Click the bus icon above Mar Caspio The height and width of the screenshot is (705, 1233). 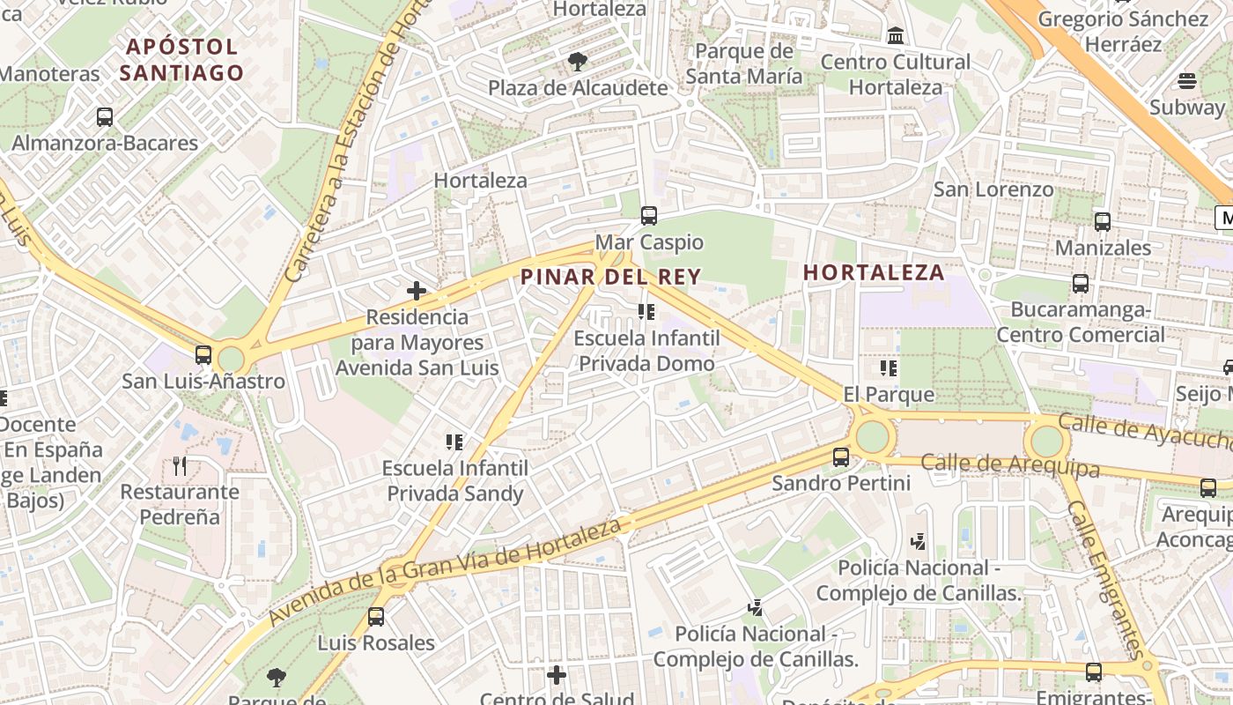pyautogui.click(x=649, y=215)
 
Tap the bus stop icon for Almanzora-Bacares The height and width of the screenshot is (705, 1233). pyautogui.click(x=105, y=116)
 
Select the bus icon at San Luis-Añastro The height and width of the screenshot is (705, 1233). pyautogui.click(x=203, y=355)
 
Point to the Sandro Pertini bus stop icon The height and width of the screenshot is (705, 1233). pyautogui.click(x=841, y=456)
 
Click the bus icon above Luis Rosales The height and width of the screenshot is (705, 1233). pyautogui.click(x=376, y=617)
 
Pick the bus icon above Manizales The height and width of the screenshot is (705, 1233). pyautogui.click(x=1102, y=222)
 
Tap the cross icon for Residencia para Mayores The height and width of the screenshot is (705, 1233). pyautogui.click(x=417, y=290)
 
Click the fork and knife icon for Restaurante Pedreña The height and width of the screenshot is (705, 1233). pyautogui.click(x=180, y=465)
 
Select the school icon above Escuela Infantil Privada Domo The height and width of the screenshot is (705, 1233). pyautogui.click(x=647, y=312)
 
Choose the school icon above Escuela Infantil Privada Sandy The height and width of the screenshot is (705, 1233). pyautogui.click(x=454, y=442)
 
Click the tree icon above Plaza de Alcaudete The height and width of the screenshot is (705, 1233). pyautogui.click(x=578, y=62)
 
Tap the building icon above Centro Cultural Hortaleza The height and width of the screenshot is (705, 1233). pyautogui.click(x=896, y=36)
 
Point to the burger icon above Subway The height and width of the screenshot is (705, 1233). pyautogui.click(x=1187, y=81)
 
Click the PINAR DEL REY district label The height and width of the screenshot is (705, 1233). pyautogui.click(x=610, y=277)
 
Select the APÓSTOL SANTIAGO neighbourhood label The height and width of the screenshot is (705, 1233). pyautogui.click(x=181, y=59)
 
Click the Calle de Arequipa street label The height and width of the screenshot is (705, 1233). pyautogui.click(x=1010, y=465)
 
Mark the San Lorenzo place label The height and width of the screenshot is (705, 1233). pyautogui.click(x=993, y=189)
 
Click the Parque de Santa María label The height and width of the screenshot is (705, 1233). pyautogui.click(x=744, y=63)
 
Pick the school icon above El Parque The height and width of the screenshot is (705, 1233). pyautogui.click(x=888, y=367)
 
